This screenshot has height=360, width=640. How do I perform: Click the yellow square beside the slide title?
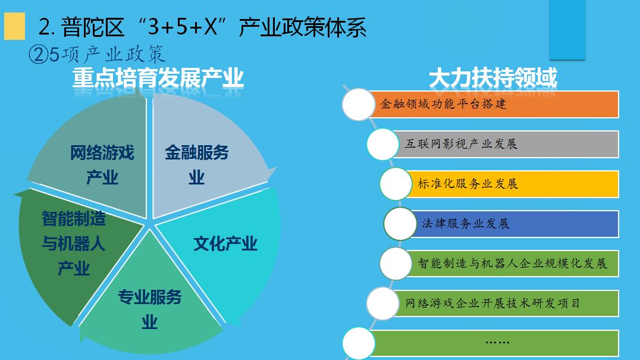coord(15,26)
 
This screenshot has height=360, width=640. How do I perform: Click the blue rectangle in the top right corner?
coord(567,29)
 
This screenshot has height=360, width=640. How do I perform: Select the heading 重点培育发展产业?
coord(158,78)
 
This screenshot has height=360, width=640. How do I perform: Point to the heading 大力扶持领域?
coord(493,78)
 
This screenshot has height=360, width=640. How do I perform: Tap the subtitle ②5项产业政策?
coord(97,54)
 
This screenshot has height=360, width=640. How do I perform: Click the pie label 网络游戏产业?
coord(102,165)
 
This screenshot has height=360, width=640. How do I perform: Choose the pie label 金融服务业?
coord(197,165)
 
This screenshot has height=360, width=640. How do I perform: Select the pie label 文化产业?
coord(225,244)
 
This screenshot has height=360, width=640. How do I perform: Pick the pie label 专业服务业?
coord(150,309)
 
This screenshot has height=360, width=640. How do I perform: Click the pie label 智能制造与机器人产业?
coord(74,244)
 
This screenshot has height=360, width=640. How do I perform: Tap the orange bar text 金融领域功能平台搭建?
coord(443,104)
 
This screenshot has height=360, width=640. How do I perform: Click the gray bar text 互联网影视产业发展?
coord(461,143)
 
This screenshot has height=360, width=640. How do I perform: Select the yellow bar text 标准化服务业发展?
coord(468,184)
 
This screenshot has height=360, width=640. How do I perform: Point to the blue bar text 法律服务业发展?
coord(466,224)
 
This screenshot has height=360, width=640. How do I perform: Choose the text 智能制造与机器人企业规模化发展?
coord(513,263)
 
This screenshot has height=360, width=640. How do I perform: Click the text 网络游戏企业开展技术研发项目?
coord(492,303)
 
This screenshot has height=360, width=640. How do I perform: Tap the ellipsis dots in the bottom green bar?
coord(497,342)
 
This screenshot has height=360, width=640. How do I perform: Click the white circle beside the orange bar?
coord(359,105)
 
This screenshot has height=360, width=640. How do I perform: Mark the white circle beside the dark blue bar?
coord(400,224)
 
